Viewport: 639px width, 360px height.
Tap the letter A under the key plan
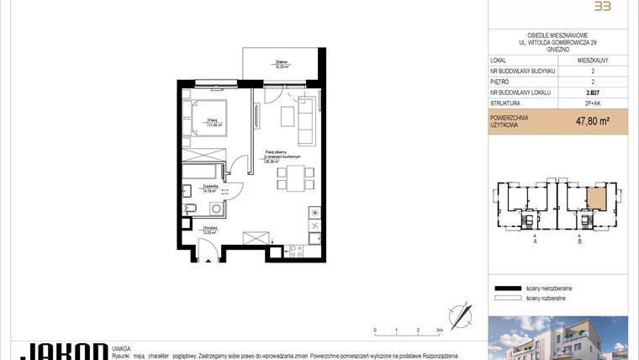click(535, 241)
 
